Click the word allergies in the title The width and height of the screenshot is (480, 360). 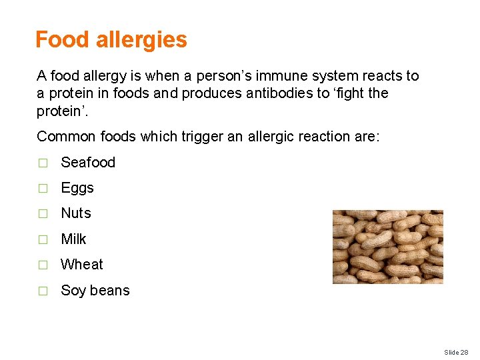pyautogui.click(x=141, y=40)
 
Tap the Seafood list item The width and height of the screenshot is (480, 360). pyautogui.click(x=88, y=163)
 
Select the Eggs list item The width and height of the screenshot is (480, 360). pyautogui.click(x=77, y=188)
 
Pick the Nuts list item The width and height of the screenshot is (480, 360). pyautogui.click(x=76, y=213)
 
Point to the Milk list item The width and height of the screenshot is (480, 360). pyautogui.click(x=73, y=239)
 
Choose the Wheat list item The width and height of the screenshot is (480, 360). pyautogui.click(x=82, y=265)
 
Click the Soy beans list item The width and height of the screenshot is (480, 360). pyautogui.click(x=95, y=291)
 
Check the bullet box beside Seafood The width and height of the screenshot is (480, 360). pyautogui.click(x=43, y=163)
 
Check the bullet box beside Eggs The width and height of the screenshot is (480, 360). pyautogui.click(x=43, y=189)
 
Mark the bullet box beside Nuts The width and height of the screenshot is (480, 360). pyautogui.click(x=43, y=214)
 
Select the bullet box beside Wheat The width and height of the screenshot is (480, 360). pyautogui.click(x=43, y=265)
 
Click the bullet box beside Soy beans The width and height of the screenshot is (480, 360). pyautogui.click(x=43, y=291)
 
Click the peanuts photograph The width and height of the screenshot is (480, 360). pyautogui.click(x=387, y=247)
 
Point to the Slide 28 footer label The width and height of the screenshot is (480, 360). pyautogui.click(x=456, y=351)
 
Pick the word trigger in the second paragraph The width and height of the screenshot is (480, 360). pyautogui.click(x=198, y=137)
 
